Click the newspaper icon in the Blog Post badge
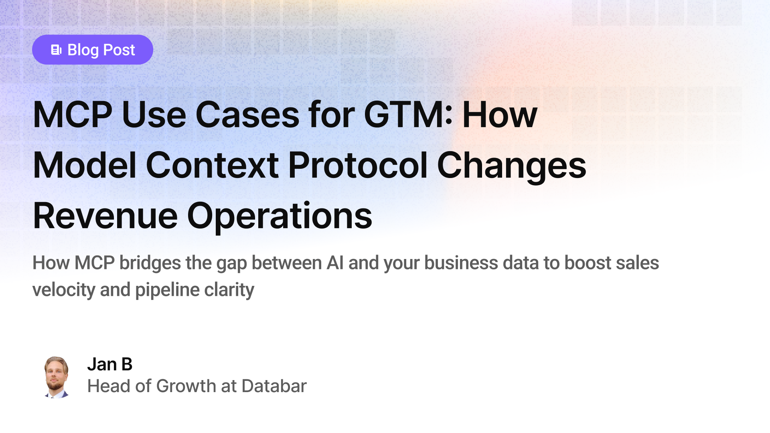point(56,50)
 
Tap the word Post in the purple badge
point(119,50)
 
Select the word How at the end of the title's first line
point(500,115)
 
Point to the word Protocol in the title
point(358,165)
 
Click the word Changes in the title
point(511,165)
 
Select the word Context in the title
point(212,165)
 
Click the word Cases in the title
point(247,115)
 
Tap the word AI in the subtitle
point(335,263)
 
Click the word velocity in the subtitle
point(63,290)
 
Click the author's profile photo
point(56,376)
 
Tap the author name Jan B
point(109,364)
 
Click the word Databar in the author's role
point(274,386)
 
